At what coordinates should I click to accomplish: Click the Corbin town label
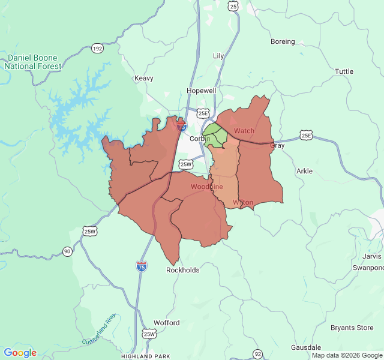point(198,139)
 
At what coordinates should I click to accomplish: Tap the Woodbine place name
point(206,187)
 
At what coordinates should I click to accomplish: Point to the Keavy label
point(144,78)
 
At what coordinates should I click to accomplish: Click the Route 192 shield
point(97,48)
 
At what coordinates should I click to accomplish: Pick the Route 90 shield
point(67,251)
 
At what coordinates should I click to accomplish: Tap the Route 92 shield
point(257,353)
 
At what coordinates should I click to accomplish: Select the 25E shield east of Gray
point(307,136)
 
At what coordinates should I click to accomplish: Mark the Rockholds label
point(182,270)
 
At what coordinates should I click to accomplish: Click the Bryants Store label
point(352,328)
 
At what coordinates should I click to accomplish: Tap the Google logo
point(20,353)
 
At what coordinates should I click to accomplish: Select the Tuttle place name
point(344,71)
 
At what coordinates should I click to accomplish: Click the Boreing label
point(283,41)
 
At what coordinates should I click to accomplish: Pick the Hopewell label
point(200,91)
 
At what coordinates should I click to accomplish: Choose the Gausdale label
point(306,347)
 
